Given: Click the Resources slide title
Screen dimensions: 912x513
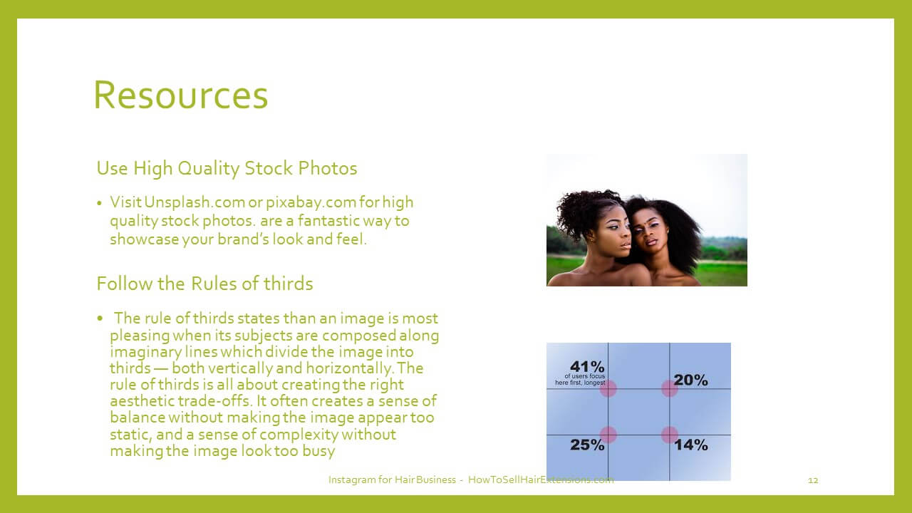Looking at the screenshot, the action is (181, 95).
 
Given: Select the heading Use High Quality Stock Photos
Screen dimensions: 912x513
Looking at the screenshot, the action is (227, 168).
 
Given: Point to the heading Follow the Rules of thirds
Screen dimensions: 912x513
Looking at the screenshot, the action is (204, 284).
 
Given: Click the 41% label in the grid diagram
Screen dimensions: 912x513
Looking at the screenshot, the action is (587, 366).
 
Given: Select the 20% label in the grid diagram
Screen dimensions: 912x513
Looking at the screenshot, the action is (690, 380).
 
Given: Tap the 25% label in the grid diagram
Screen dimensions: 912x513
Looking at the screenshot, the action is (587, 445).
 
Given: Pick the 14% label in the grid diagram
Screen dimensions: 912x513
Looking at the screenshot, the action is (691, 445).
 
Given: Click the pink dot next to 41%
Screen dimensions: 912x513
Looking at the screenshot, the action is (608, 388).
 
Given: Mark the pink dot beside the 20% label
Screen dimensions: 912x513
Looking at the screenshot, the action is (670, 388).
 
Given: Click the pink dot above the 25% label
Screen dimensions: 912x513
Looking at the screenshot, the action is (608, 435).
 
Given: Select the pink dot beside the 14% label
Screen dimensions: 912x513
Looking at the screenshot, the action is (670, 435).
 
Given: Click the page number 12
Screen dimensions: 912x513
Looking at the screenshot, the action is (813, 480).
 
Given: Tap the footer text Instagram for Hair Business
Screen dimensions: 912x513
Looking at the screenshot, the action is (392, 480).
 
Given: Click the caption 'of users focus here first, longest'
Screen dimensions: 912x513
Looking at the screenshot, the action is (580, 380).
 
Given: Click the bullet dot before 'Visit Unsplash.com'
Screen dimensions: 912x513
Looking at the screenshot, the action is (99, 203).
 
